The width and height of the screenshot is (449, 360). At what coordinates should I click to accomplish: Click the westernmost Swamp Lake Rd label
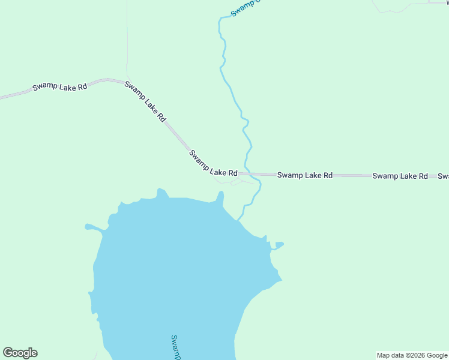pyautogui.click(x=60, y=86)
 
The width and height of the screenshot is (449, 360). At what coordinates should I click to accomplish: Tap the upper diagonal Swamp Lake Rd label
pyautogui.click(x=145, y=101)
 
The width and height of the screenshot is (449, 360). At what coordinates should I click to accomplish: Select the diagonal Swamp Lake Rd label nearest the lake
pyautogui.click(x=213, y=163)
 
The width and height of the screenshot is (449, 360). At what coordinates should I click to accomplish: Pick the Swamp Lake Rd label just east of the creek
pyautogui.click(x=304, y=175)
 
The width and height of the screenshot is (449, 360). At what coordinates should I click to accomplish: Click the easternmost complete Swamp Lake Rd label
pyautogui.click(x=400, y=176)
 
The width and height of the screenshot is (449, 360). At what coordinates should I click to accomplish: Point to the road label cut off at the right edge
pyautogui.click(x=443, y=176)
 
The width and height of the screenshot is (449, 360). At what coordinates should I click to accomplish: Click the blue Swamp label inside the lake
pyautogui.click(x=175, y=347)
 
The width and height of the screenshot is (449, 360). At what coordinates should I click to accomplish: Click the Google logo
pyautogui.click(x=20, y=353)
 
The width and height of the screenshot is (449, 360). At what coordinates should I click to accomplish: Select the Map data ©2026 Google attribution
pyautogui.click(x=412, y=355)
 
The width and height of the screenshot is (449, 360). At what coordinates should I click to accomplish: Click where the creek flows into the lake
pyautogui.click(x=240, y=220)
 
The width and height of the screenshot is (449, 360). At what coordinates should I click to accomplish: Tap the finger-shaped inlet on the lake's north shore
pyautogui.click(x=220, y=197)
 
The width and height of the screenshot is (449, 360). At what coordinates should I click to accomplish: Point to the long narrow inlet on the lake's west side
pyautogui.click(x=94, y=227)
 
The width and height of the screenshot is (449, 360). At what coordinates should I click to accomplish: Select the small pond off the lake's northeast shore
pyautogui.click(x=278, y=245)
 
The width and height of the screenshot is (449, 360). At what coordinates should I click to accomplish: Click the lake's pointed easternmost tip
pyautogui.click(x=280, y=279)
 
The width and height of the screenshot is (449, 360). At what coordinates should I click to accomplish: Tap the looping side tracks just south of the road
pyautogui.click(x=231, y=181)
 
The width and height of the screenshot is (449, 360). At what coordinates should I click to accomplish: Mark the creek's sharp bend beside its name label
pyautogui.click(x=220, y=19)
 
